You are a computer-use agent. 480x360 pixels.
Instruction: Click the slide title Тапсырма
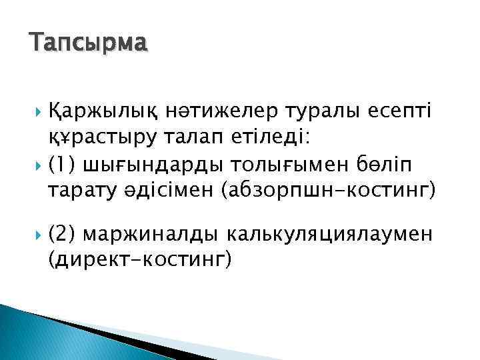pyautogui.click(x=88, y=45)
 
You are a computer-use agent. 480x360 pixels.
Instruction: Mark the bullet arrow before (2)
pyautogui.click(x=35, y=235)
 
